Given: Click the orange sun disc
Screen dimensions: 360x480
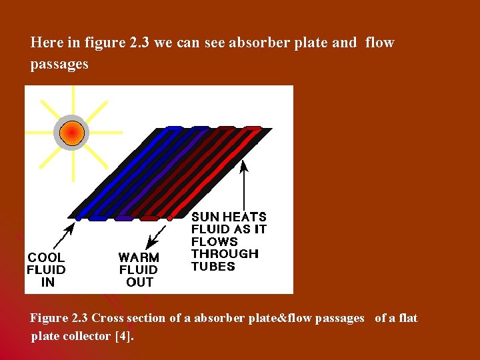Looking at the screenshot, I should pyautogui.click(x=70, y=133).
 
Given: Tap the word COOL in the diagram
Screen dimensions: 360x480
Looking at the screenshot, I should pyautogui.click(x=46, y=257).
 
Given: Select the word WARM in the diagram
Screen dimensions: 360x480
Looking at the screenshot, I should pyautogui.click(x=139, y=257).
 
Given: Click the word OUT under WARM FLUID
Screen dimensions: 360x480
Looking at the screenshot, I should pyautogui.click(x=139, y=282).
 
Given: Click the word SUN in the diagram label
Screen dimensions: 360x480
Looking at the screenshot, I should pyautogui.click(x=205, y=217).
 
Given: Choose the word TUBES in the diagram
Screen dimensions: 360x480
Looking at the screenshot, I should pyautogui.click(x=213, y=267).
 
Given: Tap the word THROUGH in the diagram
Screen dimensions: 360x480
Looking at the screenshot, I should pyautogui.click(x=225, y=254).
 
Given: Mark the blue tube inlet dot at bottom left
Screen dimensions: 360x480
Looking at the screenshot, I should pyautogui.click(x=79, y=217).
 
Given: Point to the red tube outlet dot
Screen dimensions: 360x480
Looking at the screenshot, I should pyautogui.click(x=169, y=217).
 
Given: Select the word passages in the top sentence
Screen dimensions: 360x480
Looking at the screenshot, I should pyautogui.click(x=59, y=64).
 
